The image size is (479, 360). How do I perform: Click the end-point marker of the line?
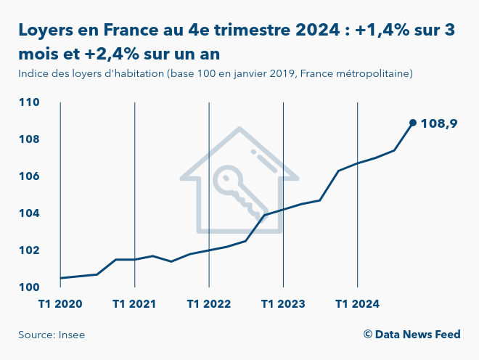[412, 123]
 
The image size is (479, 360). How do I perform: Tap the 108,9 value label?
[439, 123]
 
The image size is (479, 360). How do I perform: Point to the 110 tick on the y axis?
[29, 102]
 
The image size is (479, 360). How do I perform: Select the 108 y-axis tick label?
[29, 139]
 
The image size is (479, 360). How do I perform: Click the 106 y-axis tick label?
[29, 176]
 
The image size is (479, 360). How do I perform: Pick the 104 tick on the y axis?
[29, 213]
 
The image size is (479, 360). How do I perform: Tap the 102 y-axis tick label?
[29, 250]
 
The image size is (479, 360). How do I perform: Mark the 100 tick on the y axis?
[29, 287]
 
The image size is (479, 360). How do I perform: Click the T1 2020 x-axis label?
[60, 303]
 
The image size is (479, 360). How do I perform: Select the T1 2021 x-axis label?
[135, 303]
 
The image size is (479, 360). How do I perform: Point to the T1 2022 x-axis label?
[209, 303]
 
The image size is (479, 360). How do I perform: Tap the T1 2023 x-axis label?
[283, 303]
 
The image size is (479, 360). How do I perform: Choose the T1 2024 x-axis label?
[357, 303]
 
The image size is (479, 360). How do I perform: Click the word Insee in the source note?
[81, 335]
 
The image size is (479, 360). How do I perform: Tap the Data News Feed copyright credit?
[412, 335]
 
